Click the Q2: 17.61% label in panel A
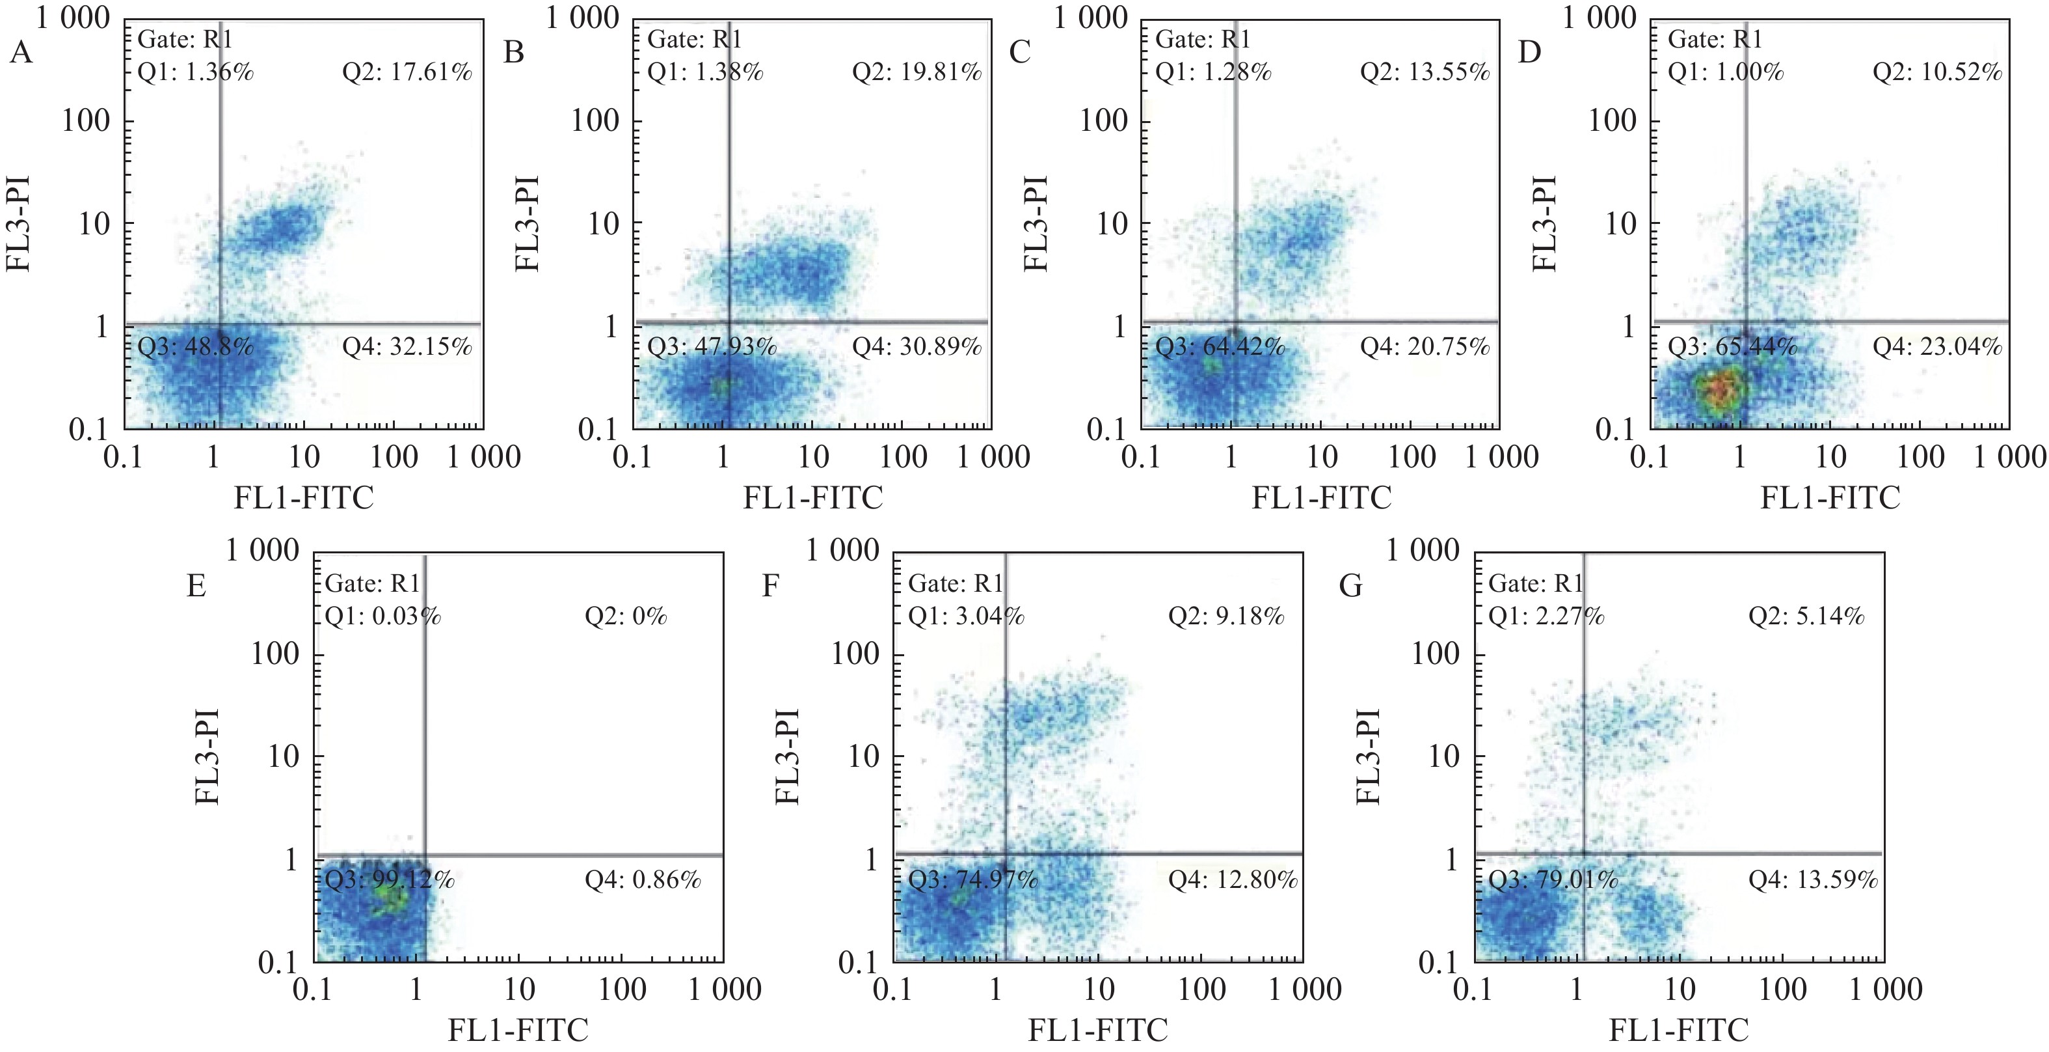407,72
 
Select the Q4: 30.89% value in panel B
917,346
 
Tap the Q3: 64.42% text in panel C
1220,347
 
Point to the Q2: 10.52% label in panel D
1937,72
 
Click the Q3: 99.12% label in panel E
390,879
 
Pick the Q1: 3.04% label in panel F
966,616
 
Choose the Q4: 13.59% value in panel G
1813,879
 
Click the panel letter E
196,587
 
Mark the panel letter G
1350,587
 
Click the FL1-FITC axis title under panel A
303,498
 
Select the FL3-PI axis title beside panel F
788,756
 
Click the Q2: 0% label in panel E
625,616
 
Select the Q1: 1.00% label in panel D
1725,72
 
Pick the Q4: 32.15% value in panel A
407,346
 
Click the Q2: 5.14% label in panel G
1806,616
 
